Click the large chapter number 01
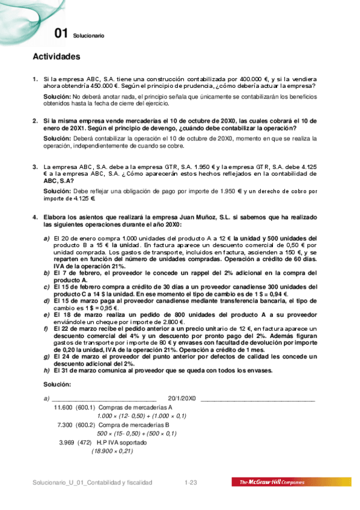[60, 34]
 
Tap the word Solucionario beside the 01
[88, 36]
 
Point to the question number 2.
[35, 120]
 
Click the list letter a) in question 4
[46, 238]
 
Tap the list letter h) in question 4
[46, 370]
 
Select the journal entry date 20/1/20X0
[182, 398]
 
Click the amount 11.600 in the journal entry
[63, 407]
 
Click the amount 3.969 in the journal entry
[67, 442]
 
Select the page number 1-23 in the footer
[191, 482]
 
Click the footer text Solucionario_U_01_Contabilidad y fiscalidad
[93, 482]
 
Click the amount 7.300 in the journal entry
[65, 425]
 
